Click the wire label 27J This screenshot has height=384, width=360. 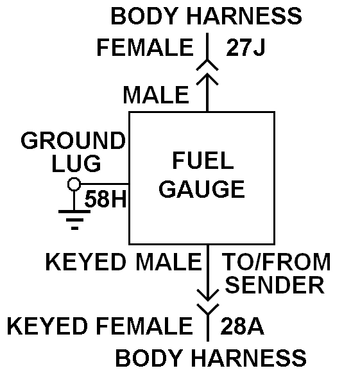246,48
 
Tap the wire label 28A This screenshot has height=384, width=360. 243,326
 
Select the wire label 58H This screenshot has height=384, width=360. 105,199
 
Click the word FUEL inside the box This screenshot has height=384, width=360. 203,161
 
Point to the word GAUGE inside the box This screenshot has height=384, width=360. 202,189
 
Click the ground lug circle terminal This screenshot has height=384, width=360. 74,184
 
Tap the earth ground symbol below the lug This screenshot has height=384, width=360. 74,220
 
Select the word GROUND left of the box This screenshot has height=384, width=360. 73,141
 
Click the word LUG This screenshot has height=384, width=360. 76,163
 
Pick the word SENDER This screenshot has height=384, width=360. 275,285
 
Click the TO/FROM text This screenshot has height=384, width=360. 277,262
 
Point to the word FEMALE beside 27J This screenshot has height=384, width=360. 145,48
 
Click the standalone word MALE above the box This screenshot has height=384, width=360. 156,95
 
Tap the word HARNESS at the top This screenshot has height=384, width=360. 244,16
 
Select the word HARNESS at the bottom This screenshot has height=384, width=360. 248,358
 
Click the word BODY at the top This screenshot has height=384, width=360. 144,16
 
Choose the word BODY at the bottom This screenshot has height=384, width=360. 149,358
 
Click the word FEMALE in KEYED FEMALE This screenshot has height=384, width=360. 144,326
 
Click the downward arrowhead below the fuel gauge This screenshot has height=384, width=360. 208,295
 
